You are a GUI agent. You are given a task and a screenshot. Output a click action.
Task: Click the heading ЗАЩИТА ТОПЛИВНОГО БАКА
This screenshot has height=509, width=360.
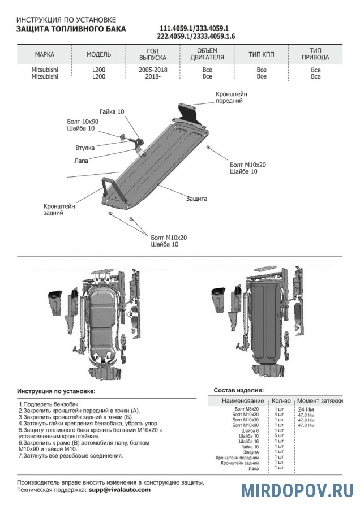(71, 28)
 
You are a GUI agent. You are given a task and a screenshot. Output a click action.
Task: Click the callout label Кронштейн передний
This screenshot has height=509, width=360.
(231, 97)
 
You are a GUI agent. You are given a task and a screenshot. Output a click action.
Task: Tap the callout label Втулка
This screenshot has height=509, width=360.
(85, 148)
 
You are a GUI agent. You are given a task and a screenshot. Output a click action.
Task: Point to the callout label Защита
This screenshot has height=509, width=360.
(196, 199)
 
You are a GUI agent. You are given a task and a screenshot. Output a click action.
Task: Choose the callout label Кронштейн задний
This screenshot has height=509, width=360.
(59, 210)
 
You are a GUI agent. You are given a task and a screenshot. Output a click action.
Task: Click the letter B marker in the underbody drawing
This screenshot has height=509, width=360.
(130, 313)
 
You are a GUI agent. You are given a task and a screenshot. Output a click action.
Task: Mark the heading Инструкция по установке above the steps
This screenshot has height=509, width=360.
(56, 391)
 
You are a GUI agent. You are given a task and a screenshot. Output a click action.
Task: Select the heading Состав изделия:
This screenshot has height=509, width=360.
(238, 390)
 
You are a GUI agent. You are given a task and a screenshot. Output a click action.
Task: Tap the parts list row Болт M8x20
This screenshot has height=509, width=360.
(246, 408)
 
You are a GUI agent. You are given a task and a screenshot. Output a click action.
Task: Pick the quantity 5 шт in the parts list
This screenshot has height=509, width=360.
(279, 435)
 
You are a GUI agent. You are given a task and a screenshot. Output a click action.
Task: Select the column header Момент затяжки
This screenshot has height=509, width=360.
(320, 400)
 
